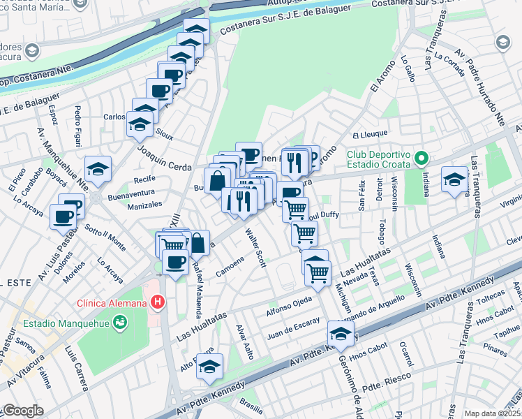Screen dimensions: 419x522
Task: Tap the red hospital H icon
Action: [159, 303]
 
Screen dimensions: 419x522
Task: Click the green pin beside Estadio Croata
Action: [419, 159]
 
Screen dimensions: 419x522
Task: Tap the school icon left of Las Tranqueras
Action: [454, 178]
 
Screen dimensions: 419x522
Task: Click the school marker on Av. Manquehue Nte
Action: [98, 168]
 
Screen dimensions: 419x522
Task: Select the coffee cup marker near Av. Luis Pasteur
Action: [64, 216]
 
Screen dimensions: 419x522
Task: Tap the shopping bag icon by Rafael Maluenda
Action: [198, 243]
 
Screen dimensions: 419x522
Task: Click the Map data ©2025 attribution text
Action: [492, 413]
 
